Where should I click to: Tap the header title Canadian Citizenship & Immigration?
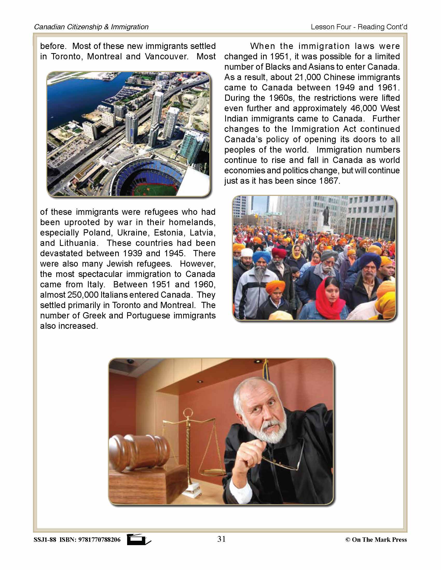tap(91, 27)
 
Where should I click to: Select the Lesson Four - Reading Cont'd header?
tap(359, 27)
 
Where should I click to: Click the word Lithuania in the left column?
tap(77, 243)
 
